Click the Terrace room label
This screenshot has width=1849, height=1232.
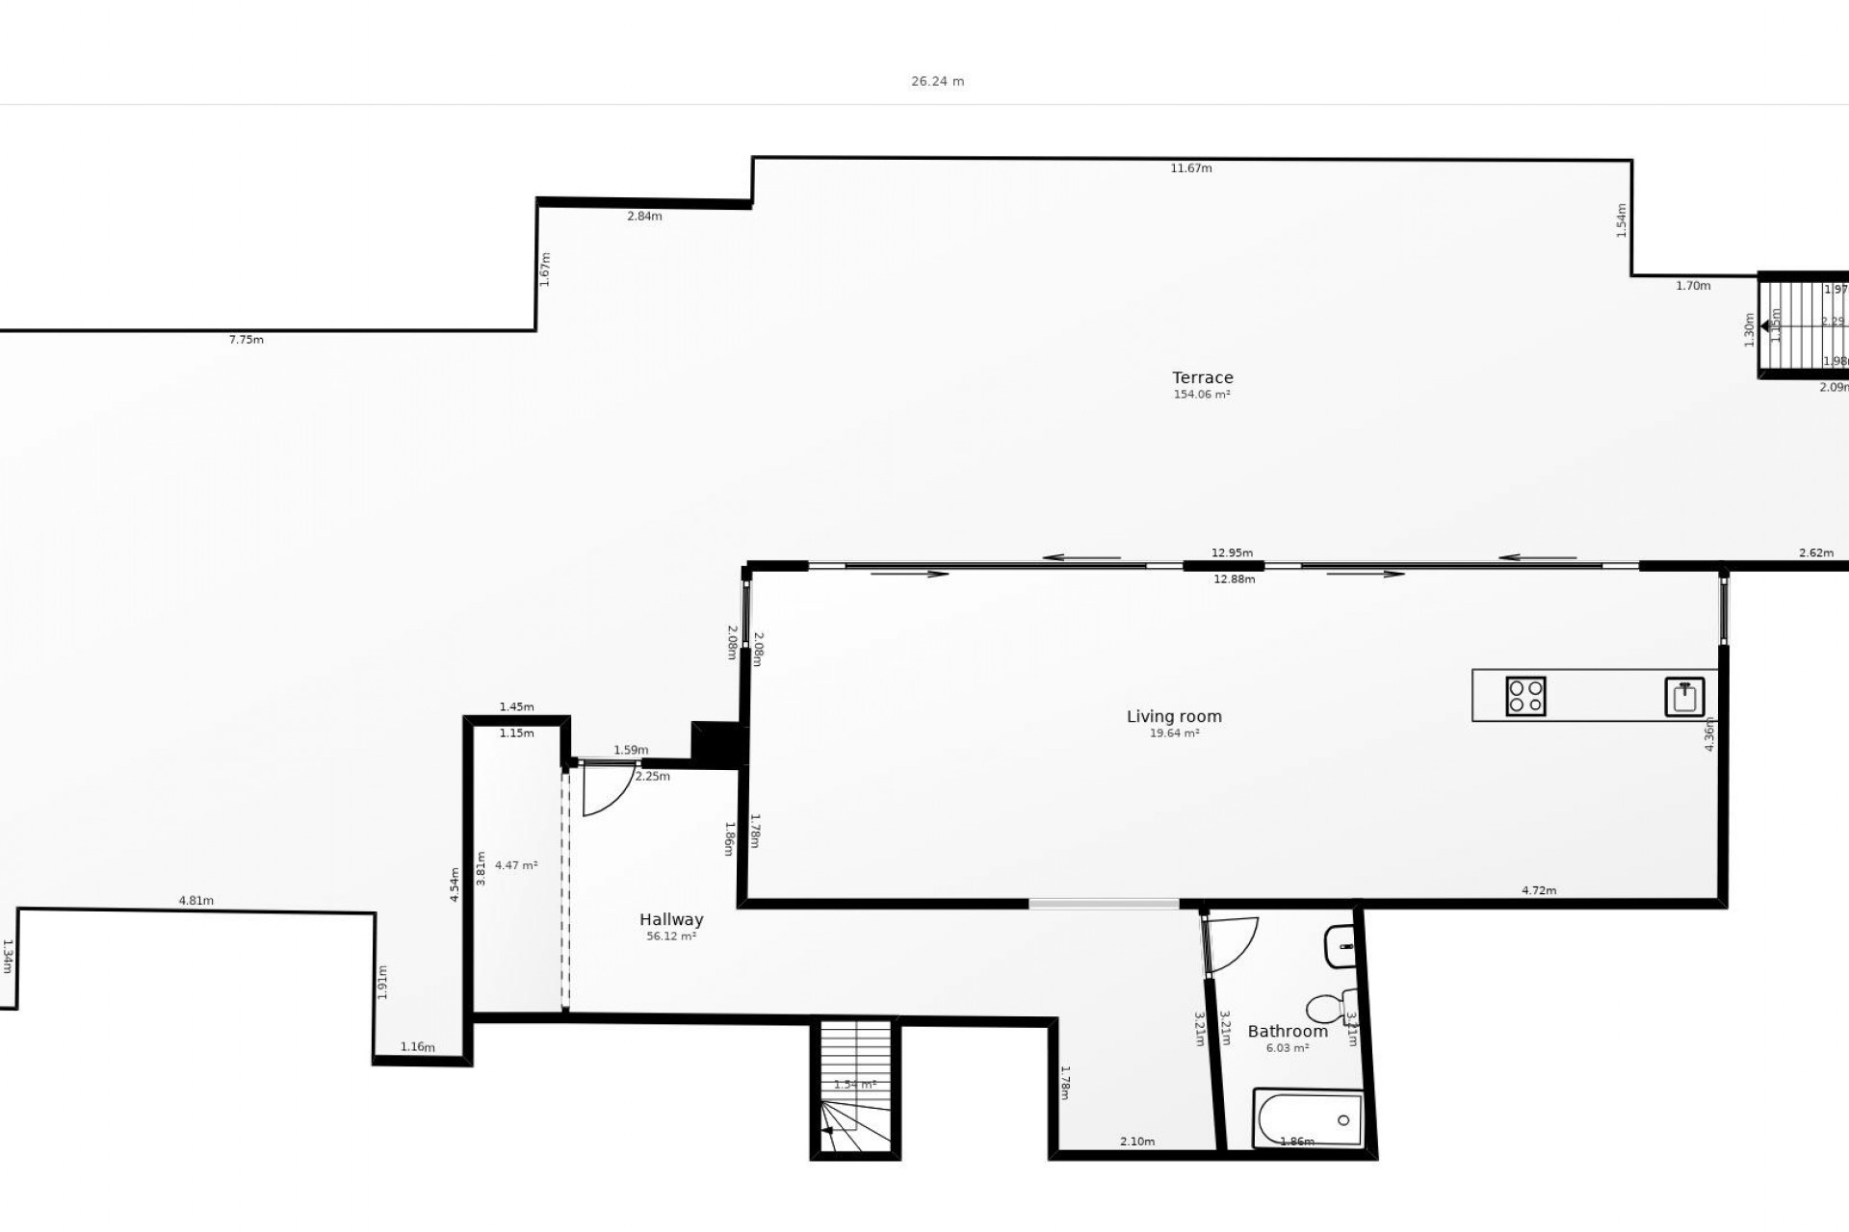[x=1202, y=377]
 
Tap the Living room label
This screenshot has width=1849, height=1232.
[x=1174, y=716]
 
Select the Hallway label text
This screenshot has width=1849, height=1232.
[x=671, y=919]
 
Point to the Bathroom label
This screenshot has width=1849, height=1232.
[x=1288, y=1031]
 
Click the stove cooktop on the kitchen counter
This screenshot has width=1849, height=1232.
[x=1525, y=696]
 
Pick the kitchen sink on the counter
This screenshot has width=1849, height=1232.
[x=1684, y=697]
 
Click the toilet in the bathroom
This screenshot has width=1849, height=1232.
[x=1329, y=1008]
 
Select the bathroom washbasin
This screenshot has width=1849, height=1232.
[x=1340, y=946]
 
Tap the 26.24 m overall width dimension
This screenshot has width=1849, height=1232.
[x=937, y=82]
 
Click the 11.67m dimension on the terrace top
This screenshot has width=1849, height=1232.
[x=1190, y=168]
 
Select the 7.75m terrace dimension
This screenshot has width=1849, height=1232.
[x=246, y=340]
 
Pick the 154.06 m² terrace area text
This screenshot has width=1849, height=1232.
[x=1202, y=395]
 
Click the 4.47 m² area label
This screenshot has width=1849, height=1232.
[x=516, y=865]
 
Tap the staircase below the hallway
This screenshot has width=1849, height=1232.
[x=855, y=1088]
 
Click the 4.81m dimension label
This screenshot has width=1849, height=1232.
[x=195, y=901]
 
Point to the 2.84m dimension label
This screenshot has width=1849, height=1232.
[x=644, y=217]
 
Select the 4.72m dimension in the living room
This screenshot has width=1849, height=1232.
[x=1538, y=890]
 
